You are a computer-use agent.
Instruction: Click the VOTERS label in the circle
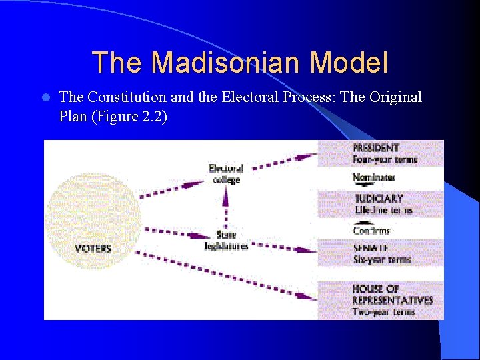point(93,249)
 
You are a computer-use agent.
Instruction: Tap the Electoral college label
point(226,174)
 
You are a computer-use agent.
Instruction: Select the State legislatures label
point(226,241)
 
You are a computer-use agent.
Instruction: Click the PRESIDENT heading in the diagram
point(376,148)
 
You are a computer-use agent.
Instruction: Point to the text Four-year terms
point(384,159)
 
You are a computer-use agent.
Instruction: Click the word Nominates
point(373,177)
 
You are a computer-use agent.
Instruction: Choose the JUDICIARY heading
point(379,199)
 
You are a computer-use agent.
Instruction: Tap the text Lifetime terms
point(383,210)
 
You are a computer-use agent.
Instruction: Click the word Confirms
point(371,231)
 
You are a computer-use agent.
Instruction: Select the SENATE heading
point(371,248)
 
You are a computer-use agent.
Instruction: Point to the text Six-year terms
point(382,259)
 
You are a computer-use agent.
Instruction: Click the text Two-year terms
point(383,311)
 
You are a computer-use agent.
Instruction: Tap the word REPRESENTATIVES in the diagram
point(393,300)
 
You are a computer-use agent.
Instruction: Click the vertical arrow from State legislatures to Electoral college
point(226,207)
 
